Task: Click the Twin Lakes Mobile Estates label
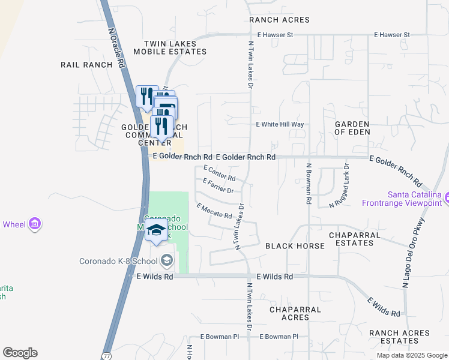click(175, 48)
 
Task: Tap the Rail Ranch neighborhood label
click(86, 64)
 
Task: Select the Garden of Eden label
click(352, 127)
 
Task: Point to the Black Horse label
click(295, 246)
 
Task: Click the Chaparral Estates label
click(354, 239)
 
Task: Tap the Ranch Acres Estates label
click(399, 337)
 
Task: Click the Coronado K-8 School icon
click(167, 260)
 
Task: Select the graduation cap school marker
click(157, 230)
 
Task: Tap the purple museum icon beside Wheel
click(35, 224)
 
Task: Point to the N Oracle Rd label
click(118, 47)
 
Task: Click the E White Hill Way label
click(280, 124)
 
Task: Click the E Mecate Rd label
click(214, 211)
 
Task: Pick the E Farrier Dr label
click(218, 186)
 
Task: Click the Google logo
click(20, 353)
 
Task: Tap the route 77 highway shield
click(106, 355)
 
